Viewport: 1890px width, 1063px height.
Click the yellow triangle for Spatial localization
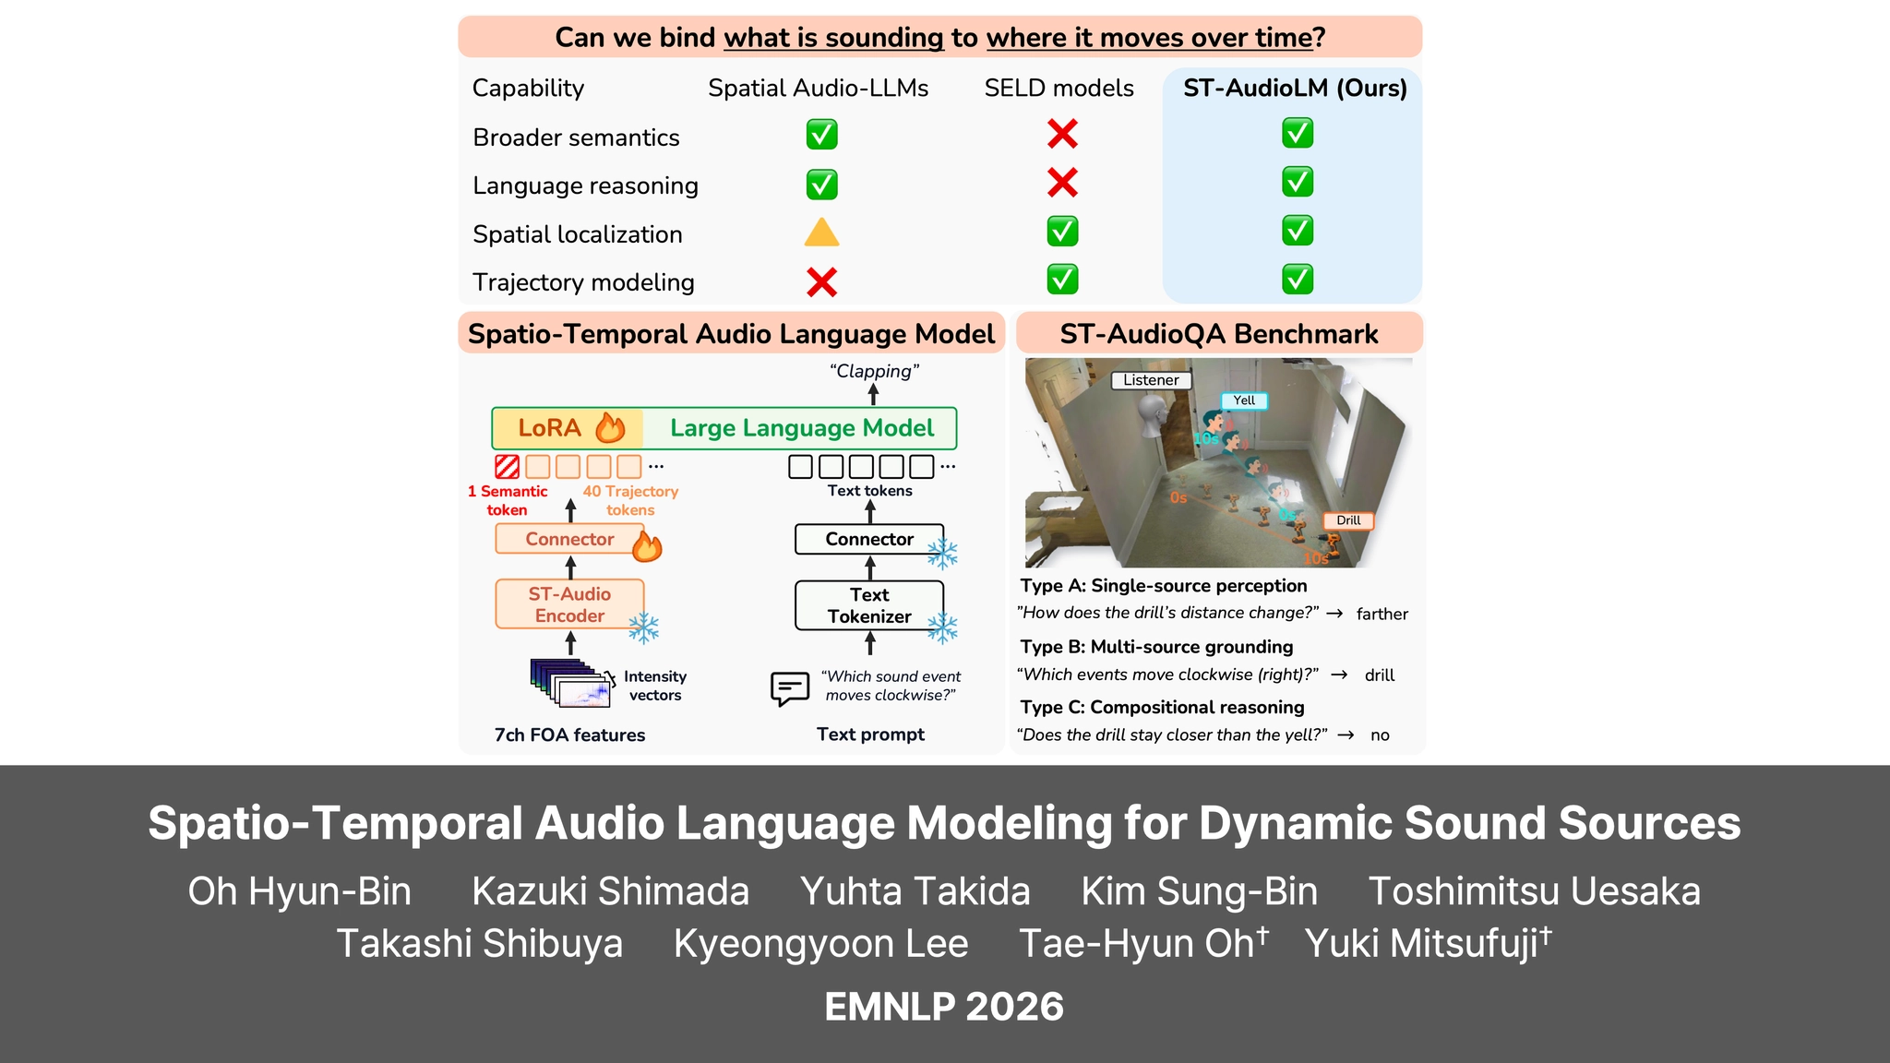tap(821, 232)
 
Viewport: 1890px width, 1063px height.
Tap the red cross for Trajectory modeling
tap(821, 281)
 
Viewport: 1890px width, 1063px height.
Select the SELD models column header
tap(1059, 88)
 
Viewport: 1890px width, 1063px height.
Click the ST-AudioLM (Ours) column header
tap(1295, 88)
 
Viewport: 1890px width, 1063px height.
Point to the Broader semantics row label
tap(576, 137)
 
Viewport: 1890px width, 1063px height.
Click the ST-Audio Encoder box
tap(569, 604)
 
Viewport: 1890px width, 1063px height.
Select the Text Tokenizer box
tap(869, 605)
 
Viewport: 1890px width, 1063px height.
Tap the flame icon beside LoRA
tap(610, 427)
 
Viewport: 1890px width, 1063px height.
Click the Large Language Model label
tap(802, 428)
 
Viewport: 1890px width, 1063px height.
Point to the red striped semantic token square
tap(507, 466)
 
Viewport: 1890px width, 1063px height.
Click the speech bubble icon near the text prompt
tap(789, 688)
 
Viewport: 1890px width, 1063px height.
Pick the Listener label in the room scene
tap(1151, 380)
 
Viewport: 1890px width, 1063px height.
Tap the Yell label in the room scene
tap(1244, 400)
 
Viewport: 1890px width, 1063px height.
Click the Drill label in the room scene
tap(1348, 520)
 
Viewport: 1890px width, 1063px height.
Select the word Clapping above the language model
tap(874, 371)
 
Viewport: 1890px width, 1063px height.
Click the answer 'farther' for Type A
tap(1382, 614)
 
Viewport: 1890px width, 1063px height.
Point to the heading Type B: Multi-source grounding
tap(1156, 647)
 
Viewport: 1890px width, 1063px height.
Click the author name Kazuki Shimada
tap(610, 891)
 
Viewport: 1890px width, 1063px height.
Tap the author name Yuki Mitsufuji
tap(1428, 943)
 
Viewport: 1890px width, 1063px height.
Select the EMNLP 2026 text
tap(944, 1007)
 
